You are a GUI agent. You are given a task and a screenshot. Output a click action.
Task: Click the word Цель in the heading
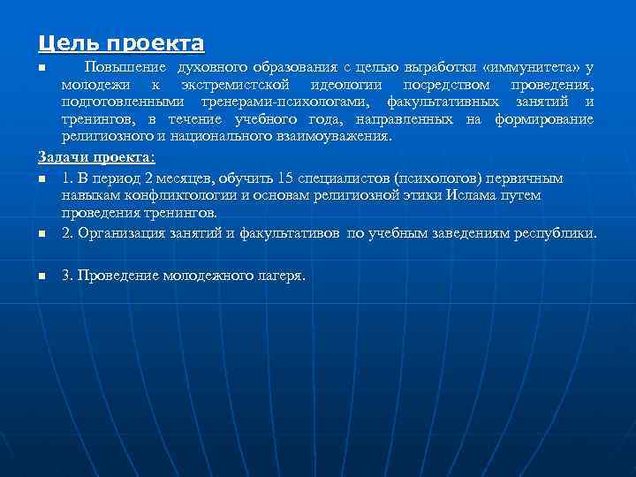[x=63, y=42]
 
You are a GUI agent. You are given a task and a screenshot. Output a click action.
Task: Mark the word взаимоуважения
[x=336, y=137]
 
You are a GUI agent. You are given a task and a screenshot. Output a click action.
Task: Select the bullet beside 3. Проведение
[x=42, y=276]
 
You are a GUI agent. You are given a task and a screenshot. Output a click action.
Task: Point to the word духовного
[x=210, y=67]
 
